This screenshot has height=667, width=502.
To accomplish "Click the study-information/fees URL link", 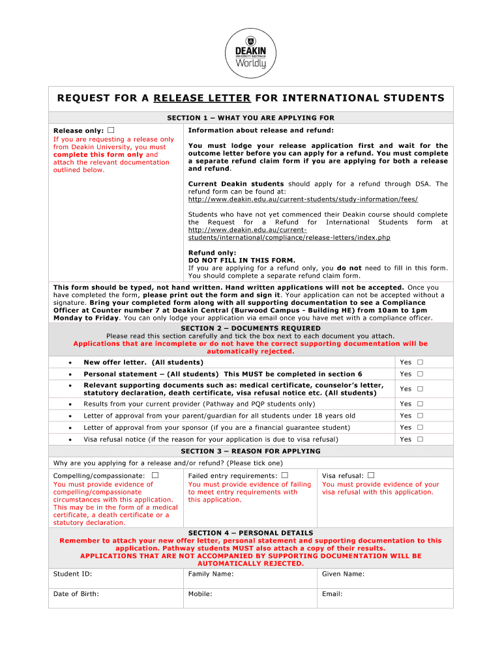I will tap(303, 199).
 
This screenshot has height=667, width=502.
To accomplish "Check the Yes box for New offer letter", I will tap(421, 362).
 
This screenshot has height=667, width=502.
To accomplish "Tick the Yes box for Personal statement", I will tap(421, 374).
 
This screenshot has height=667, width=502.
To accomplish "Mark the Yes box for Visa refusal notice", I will tap(421, 439).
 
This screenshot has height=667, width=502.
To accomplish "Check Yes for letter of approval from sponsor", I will tap(421, 427).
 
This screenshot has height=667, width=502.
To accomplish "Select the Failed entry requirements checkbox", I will tap(284, 475).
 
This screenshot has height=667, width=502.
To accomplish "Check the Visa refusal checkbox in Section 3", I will tap(371, 475).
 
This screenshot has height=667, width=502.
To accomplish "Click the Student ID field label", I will tap(72, 574).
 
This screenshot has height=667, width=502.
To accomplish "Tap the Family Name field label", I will tap(211, 574).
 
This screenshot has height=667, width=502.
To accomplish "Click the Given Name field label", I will tap(343, 574).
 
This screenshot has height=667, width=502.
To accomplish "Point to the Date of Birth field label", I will tap(76, 594).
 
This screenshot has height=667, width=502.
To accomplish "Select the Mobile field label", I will tap(200, 594).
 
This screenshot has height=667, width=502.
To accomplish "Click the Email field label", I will tap(332, 594).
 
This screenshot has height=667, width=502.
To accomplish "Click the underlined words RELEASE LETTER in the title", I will tap(202, 98).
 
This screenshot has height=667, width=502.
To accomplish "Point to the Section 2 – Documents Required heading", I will tap(250, 328).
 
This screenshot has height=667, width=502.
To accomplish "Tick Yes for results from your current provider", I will tap(421, 404).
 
